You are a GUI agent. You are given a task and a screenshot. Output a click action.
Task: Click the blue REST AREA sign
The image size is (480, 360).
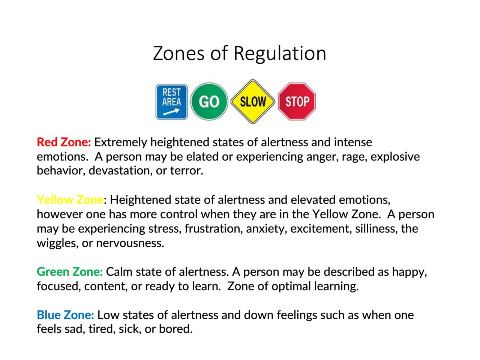[171, 102]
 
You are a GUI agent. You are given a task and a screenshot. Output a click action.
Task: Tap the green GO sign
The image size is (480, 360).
[209, 101]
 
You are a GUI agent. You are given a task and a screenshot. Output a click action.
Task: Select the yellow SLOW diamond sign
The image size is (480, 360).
[253, 101]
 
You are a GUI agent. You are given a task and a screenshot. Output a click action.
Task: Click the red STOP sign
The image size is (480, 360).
[297, 101]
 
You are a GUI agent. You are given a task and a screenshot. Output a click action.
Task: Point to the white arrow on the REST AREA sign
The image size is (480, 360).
[171, 112]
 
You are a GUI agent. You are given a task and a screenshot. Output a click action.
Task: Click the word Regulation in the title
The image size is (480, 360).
[280, 53]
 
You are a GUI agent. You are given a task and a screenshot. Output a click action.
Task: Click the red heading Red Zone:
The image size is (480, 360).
[64, 142]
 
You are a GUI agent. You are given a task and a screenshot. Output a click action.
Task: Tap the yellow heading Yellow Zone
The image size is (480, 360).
[70, 199]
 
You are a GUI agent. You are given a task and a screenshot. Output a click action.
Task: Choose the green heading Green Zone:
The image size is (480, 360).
[69, 271]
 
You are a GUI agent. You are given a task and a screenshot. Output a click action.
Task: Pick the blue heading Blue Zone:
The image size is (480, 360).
[65, 315]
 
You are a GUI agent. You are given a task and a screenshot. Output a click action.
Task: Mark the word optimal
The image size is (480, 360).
[291, 286]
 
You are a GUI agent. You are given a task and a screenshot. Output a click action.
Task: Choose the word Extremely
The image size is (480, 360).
[120, 142]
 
